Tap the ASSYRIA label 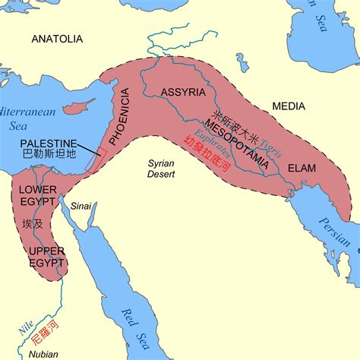pyautogui.click(x=184, y=93)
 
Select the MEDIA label pyautogui.click(x=289, y=108)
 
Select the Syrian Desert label pyautogui.click(x=162, y=169)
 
